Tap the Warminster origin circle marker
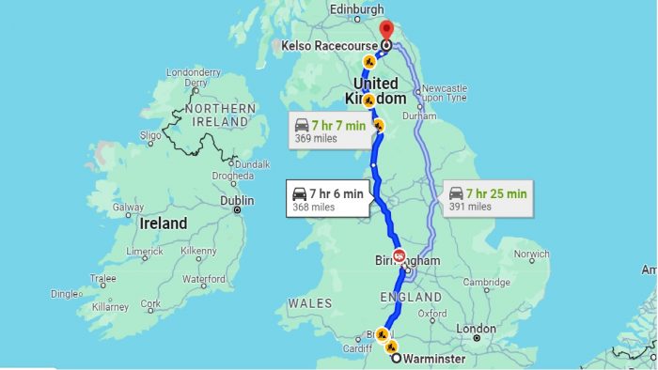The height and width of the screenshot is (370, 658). coord(396,358)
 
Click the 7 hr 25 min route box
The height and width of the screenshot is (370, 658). coord(488,199)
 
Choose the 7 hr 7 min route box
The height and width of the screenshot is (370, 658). coord(327,131)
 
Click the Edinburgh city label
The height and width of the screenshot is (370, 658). coord(358,10)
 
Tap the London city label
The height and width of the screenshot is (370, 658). coord(476,329)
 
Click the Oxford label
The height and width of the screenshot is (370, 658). coord(432,313)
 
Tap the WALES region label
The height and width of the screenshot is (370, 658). coord(310,303)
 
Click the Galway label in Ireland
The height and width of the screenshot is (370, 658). coord(128,208)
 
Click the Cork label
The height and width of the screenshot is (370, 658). coord(149,304)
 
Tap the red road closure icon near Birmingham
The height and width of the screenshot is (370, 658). coord(399,255)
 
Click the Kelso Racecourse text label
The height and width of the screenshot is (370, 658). coord(329,45)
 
